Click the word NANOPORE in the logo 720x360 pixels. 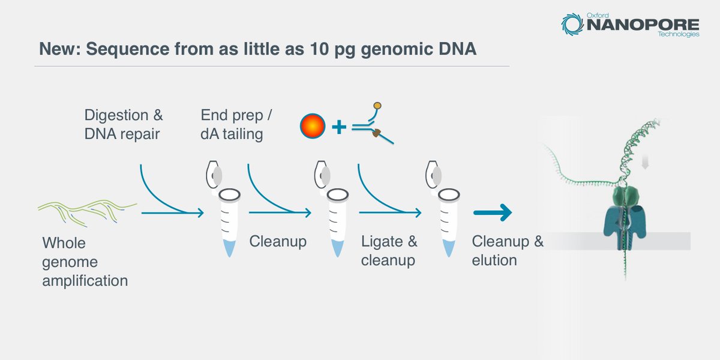pos(641,26)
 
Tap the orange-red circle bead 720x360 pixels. pos(312,126)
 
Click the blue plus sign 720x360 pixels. pos(339,127)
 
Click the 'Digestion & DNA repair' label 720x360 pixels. pos(123,124)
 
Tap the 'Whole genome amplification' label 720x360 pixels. pos(84,261)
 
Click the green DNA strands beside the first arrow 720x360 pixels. pos(88,207)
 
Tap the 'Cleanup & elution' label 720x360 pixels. pos(508,251)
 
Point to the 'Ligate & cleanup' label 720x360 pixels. pos(389,251)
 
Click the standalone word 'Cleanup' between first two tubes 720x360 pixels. pos(277,242)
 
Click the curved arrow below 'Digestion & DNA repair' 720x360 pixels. pos(162,195)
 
